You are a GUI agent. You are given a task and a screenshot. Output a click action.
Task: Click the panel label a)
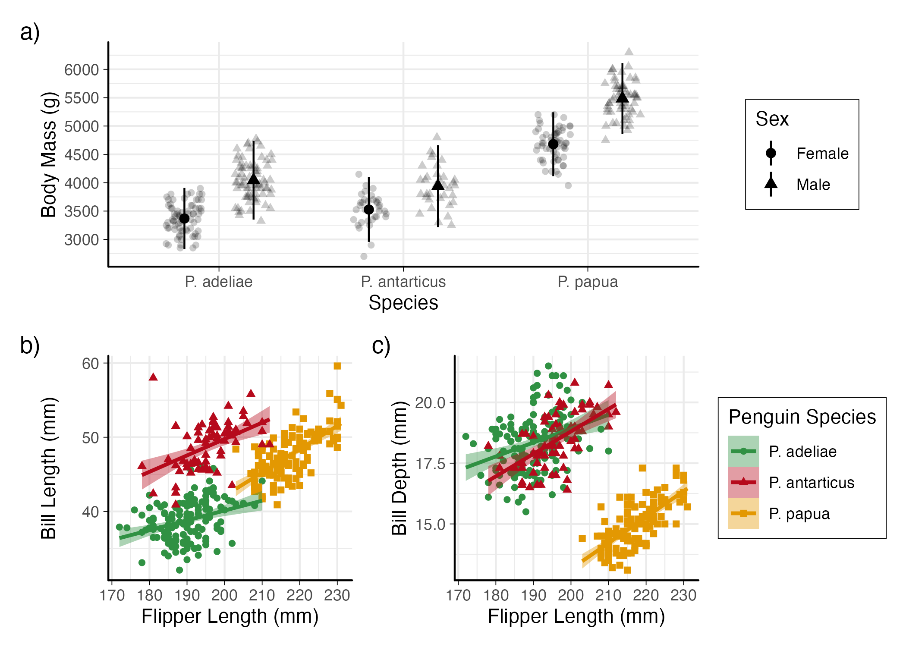(30, 32)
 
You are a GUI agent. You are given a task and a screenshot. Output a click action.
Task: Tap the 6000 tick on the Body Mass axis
(82, 70)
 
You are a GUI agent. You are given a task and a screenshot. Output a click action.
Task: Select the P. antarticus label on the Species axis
(403, 282)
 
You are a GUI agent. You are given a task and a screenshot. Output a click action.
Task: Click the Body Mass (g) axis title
(49, 154)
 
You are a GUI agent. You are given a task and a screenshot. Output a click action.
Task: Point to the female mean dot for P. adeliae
(184, 218)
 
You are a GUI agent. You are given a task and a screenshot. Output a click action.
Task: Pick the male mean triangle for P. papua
(622, 97)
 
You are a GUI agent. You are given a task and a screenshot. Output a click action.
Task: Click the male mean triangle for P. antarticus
(438, 185)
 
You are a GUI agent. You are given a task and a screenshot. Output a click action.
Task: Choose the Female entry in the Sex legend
(822, 154)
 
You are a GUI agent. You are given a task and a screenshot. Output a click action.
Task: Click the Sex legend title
(772, 119)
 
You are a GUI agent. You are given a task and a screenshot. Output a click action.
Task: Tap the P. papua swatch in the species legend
(743, 513)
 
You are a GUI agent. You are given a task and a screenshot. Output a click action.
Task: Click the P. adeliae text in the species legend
(802, 452)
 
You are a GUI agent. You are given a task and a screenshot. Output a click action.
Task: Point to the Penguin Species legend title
(802, 417)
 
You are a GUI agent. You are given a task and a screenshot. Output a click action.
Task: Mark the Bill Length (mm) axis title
(49, 468)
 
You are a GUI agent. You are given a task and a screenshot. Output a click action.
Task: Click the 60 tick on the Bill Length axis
(91, 364)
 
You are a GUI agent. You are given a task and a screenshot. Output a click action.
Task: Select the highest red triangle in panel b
(153, 377)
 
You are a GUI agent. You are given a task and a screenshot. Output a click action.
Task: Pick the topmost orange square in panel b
(337, 366)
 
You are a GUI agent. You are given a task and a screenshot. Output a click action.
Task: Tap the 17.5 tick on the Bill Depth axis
(430, 464)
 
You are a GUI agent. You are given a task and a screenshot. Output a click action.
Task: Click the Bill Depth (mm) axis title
(400, 468)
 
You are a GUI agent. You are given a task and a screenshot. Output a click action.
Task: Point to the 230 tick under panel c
(683, 596)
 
